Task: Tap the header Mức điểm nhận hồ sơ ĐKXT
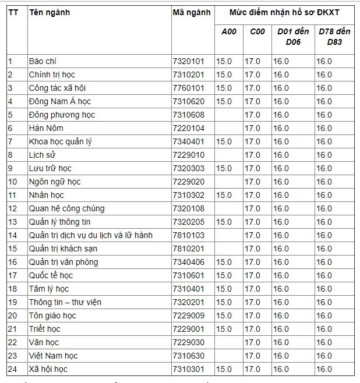coord(284,12)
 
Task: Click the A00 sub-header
coord(229,31)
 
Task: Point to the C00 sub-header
coord(257,31)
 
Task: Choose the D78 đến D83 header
coord(334,37)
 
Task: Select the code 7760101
coord(188,88)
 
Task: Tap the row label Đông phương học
coord(62,115)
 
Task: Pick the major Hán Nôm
coord(46,128)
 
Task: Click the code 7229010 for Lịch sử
coord(188,155)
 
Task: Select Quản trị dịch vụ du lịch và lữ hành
coord(90,235)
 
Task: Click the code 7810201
coord(188,249)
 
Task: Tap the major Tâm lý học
coord(49,289)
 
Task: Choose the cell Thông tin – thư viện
coord(65,302)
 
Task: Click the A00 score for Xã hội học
coord(224,369)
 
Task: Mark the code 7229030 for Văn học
coord(188,342)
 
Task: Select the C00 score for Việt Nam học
coord(252,356)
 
